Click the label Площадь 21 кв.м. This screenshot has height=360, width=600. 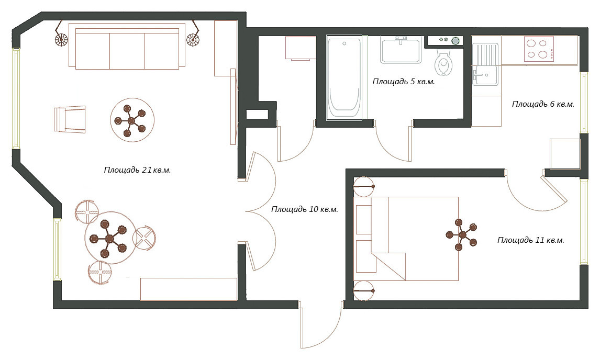137,170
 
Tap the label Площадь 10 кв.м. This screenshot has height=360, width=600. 305,209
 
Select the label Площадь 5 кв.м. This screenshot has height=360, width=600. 404,82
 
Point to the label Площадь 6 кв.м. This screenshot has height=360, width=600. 543,104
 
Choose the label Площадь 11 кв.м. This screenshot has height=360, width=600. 531,240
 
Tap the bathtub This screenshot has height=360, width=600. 345,78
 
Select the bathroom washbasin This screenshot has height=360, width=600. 401,50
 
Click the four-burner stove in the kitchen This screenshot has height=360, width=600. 538,49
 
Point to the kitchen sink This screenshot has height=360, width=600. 485,64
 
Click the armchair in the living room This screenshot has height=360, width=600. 70,119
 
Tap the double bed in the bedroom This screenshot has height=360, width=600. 406,239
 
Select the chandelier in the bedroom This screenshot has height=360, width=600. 462,234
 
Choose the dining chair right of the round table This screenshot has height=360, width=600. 145,238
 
